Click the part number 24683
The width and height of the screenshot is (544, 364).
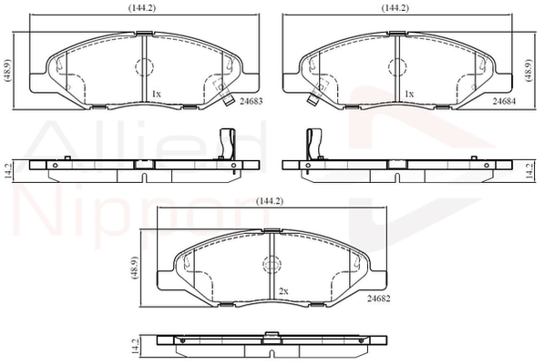point(251,101)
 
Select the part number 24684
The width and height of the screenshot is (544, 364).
point(504,101)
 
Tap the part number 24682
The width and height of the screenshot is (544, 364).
point(378,298)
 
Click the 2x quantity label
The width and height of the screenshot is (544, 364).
point(283,291)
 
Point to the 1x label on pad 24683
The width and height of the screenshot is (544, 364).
point(156,94)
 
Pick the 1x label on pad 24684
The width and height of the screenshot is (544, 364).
point(409,94)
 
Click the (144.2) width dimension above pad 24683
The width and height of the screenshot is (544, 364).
point(141,8)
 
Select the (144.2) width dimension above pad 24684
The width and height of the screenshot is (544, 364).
point(395,8)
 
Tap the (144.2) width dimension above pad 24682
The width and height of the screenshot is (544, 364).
point(270,201)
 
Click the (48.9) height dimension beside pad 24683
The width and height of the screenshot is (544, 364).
point(7,70)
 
